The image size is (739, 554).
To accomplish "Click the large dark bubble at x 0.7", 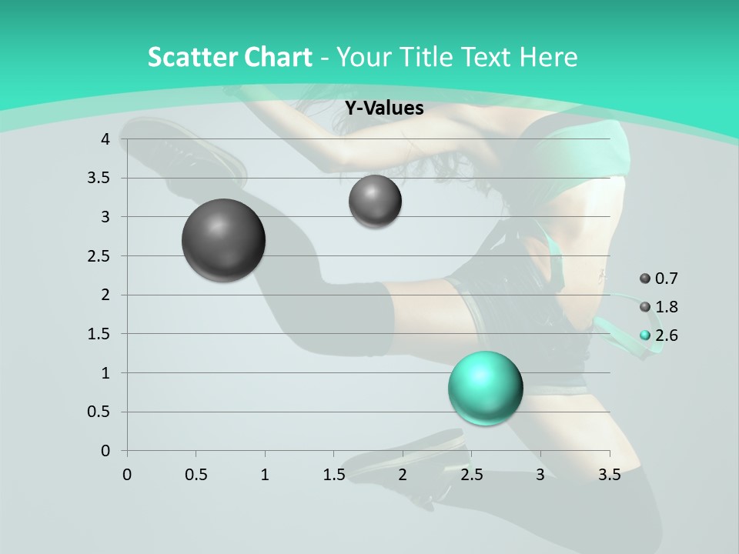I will tap(224, 240).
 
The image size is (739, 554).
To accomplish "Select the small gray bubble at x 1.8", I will tap(375, 202).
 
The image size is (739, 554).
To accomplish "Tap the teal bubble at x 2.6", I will tap(486, 388).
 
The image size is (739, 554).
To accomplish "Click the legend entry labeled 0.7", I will tap(659, 279).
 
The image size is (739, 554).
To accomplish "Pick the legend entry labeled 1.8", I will tap(659, 307).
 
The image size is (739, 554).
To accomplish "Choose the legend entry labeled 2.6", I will tap(659, 335).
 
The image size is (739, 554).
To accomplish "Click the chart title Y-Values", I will tap(384, 108).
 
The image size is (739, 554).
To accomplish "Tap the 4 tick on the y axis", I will tap(105, 139).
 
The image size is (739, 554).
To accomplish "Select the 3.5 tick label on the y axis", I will tap(100, 178).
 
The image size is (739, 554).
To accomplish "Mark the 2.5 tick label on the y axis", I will tap(100, 255).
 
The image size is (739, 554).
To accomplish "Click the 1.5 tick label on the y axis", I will tap(100, 334).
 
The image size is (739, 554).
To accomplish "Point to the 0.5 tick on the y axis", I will tap(100, 412).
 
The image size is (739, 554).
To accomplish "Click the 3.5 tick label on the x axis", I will tap(610, 475).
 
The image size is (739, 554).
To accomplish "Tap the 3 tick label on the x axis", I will tap(540, 475).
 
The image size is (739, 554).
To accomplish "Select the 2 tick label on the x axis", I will tap(403, 475).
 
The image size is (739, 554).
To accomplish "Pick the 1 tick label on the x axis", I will tap(265, 475).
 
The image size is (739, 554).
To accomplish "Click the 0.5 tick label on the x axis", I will tap(196, 475).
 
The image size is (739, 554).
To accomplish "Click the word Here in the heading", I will tap(548, 57).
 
